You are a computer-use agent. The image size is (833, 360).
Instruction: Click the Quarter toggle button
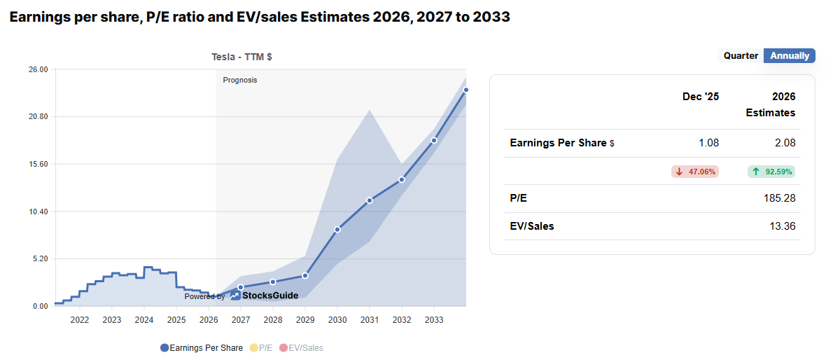(741, 55)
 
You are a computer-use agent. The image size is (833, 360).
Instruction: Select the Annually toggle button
(790, 55)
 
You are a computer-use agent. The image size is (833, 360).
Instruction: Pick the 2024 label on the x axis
(143, 320)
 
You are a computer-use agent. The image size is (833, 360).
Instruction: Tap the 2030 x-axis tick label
(337, 320)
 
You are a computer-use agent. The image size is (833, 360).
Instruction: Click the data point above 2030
(337, 229)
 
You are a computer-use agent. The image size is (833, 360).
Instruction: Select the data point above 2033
(434, 140)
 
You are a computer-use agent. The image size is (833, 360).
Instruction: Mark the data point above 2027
(241, 287)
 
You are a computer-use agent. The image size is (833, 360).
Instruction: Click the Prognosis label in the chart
(240, 80)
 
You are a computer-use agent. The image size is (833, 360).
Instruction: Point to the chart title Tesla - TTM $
(241, 57)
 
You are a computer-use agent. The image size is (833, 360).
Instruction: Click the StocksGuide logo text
(269, 296)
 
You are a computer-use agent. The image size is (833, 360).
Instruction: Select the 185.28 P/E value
(780, 198)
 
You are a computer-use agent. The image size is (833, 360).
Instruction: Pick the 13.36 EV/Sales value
(783, 226)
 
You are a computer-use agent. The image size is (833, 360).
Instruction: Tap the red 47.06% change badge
(695, 171)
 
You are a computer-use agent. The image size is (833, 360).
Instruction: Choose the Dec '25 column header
(701, 97)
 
